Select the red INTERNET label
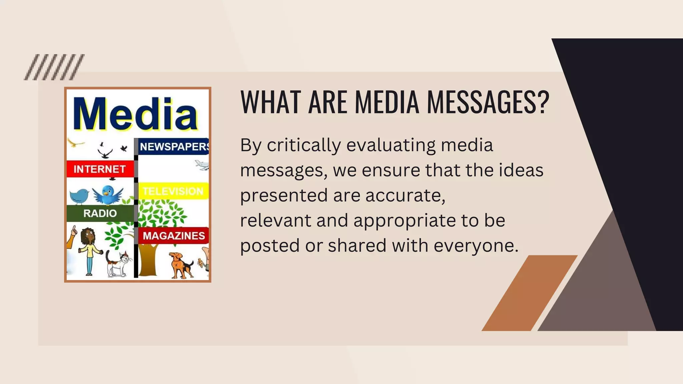click(99, 169)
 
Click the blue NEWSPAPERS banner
click(173, 146)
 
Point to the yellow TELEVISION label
click(173, 191)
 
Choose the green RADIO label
click(100, 213)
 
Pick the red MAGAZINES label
click(174, 236)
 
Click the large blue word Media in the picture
click(135, 114)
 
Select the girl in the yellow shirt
click(89, 250)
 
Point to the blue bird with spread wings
click(108, 195)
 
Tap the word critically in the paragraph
click(304, 145)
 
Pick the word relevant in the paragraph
click(275, 220)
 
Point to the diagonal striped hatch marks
click(54, 67)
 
